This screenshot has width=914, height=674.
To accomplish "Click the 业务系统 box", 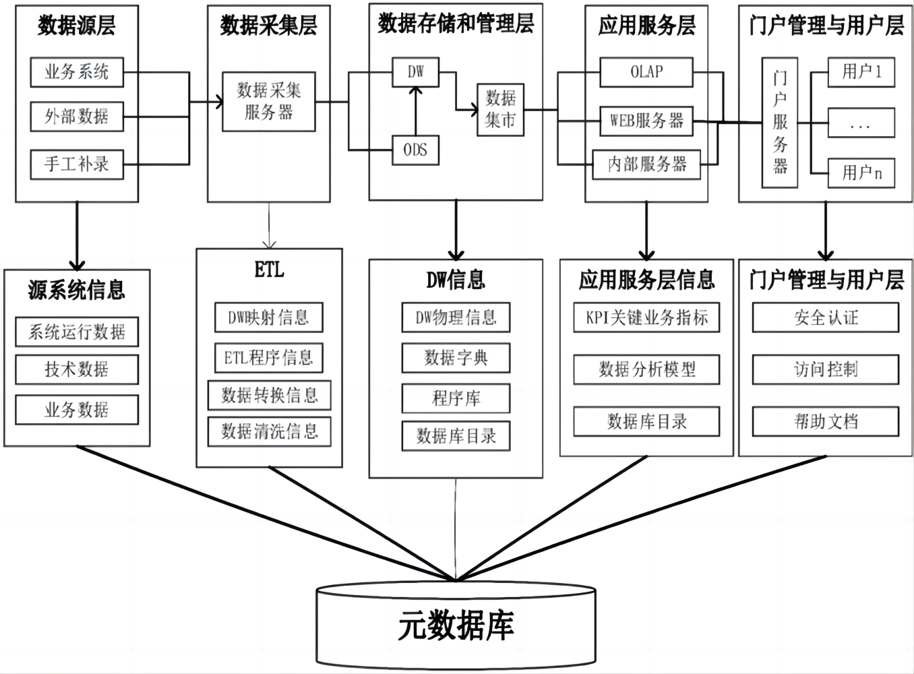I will click(77, 72).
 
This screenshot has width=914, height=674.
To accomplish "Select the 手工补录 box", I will click(77, 164).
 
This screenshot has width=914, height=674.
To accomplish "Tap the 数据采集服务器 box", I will click(269, 102).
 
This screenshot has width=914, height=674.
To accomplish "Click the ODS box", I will click(415, 150).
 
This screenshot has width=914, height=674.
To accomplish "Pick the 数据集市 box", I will click(500, 110).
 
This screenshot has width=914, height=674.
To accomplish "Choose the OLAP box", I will click(646, 72).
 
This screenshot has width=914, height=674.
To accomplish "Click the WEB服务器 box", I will click(646, 121).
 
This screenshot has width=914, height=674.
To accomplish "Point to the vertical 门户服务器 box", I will click(780, 122).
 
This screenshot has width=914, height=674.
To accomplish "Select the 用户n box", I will click(861, 173).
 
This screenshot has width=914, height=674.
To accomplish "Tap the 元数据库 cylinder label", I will click(456, 626).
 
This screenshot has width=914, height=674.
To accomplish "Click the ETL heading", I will click(269, 270).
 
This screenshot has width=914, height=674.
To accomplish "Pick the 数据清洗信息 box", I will click(269, 431).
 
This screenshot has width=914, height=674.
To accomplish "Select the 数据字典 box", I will click(456, 358).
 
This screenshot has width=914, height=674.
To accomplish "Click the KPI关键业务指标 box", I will click(646, 317).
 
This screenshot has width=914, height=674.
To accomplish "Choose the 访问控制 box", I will click(825, 369).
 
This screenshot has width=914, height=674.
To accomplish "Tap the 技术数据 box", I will click(77, 369).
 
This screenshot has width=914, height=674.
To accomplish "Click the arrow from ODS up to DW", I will click(416, 111).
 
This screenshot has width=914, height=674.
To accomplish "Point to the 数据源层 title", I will click(77, 26).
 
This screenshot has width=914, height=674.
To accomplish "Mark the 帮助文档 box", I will click(825, 422).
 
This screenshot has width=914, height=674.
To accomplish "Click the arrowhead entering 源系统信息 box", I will click(77, 264).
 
